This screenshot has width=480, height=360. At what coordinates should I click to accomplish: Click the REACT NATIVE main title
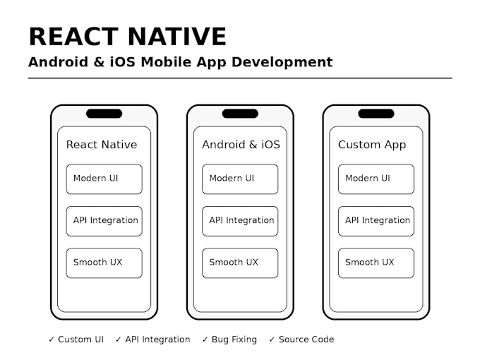[x=127, y=37]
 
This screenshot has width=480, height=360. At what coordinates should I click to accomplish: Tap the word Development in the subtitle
[x=282, y=62]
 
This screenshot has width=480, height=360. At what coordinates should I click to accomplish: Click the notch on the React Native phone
[x=104, y=114]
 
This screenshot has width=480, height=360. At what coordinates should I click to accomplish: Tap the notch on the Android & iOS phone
[x=240, y=114]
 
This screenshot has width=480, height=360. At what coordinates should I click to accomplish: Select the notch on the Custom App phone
[x=376, y=114]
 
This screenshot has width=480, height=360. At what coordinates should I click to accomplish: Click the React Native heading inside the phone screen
[x=102, y=145]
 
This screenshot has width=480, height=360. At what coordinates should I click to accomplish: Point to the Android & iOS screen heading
[x=241, y=145]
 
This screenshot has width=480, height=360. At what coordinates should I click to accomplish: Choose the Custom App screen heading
[x=372, y=145]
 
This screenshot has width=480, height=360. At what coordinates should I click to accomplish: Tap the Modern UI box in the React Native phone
[x=104, y=179]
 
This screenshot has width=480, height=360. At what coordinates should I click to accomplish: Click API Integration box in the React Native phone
[x=104, y=221]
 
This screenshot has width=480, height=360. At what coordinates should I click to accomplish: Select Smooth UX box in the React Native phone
[x=104, y=263]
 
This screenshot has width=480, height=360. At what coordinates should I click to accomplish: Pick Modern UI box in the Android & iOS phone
[x=240, y=179]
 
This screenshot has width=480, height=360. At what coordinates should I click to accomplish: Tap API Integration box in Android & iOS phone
[x=240, y=221]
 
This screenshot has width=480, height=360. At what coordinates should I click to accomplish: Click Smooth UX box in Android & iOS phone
[x=240, y=263]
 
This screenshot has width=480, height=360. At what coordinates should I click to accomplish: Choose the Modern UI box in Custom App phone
[x=376, y=179]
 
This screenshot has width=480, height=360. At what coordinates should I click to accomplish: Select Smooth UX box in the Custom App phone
[x=376, y=263]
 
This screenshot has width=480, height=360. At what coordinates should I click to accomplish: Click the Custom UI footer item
[x=76, y=340]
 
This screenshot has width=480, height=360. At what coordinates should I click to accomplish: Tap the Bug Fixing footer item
[x=229, y=340]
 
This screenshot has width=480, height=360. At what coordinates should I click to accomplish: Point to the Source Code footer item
[x=301, y=340]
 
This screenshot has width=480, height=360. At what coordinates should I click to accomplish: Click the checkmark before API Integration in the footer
[x=119, y=340]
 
